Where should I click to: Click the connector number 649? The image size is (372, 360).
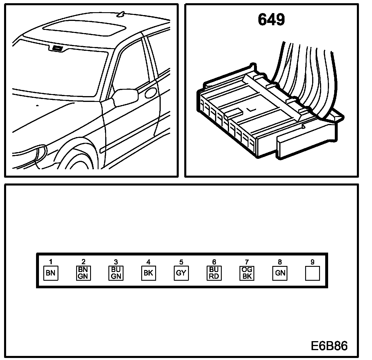point(271,20)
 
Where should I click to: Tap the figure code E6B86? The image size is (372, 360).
point(329,346)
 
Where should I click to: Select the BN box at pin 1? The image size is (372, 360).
point(51,273)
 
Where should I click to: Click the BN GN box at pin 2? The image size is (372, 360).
point(83,273)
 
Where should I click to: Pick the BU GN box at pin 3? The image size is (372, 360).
point(116,273)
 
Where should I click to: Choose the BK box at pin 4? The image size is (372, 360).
point(149,273)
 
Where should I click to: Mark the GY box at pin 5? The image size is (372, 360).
point(181,273)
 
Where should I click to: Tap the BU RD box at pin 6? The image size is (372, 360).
point(214,273)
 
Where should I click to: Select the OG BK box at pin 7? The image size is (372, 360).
point(247,273)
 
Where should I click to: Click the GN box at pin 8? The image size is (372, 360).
point(280,273)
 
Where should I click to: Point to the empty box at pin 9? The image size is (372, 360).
point(312,273)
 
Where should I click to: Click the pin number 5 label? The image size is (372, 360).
point(181,262)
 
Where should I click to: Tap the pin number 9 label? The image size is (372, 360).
point(312,262)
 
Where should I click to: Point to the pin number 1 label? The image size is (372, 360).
point(51,262)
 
